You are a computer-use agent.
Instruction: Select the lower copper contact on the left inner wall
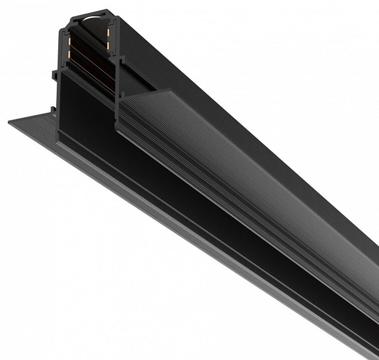(69, 55)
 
